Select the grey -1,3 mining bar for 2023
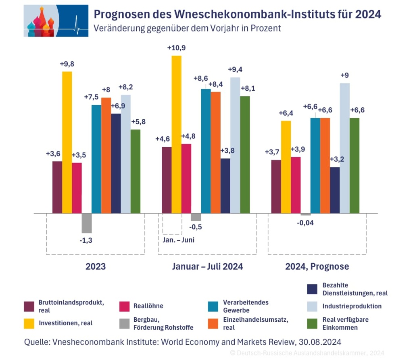[x=86, y=223]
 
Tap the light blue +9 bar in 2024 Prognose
[x=344, y=148]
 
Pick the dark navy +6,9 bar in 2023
[x=116, y=163]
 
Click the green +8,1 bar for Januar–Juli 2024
[x=245, y=154]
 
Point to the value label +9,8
[x=67, y=64]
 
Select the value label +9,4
[x=236, y=70]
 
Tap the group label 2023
[x=96, y=266]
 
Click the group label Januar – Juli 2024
[x=207, y=266]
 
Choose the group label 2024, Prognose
[x=317, y=266]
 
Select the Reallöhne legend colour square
[x=125, y=306]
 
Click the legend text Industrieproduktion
[x=352, y=306]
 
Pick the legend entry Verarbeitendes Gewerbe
[x=246, y=306]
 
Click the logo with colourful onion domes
[x=56, y=21]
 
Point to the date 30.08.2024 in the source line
[x=320, y=342]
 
